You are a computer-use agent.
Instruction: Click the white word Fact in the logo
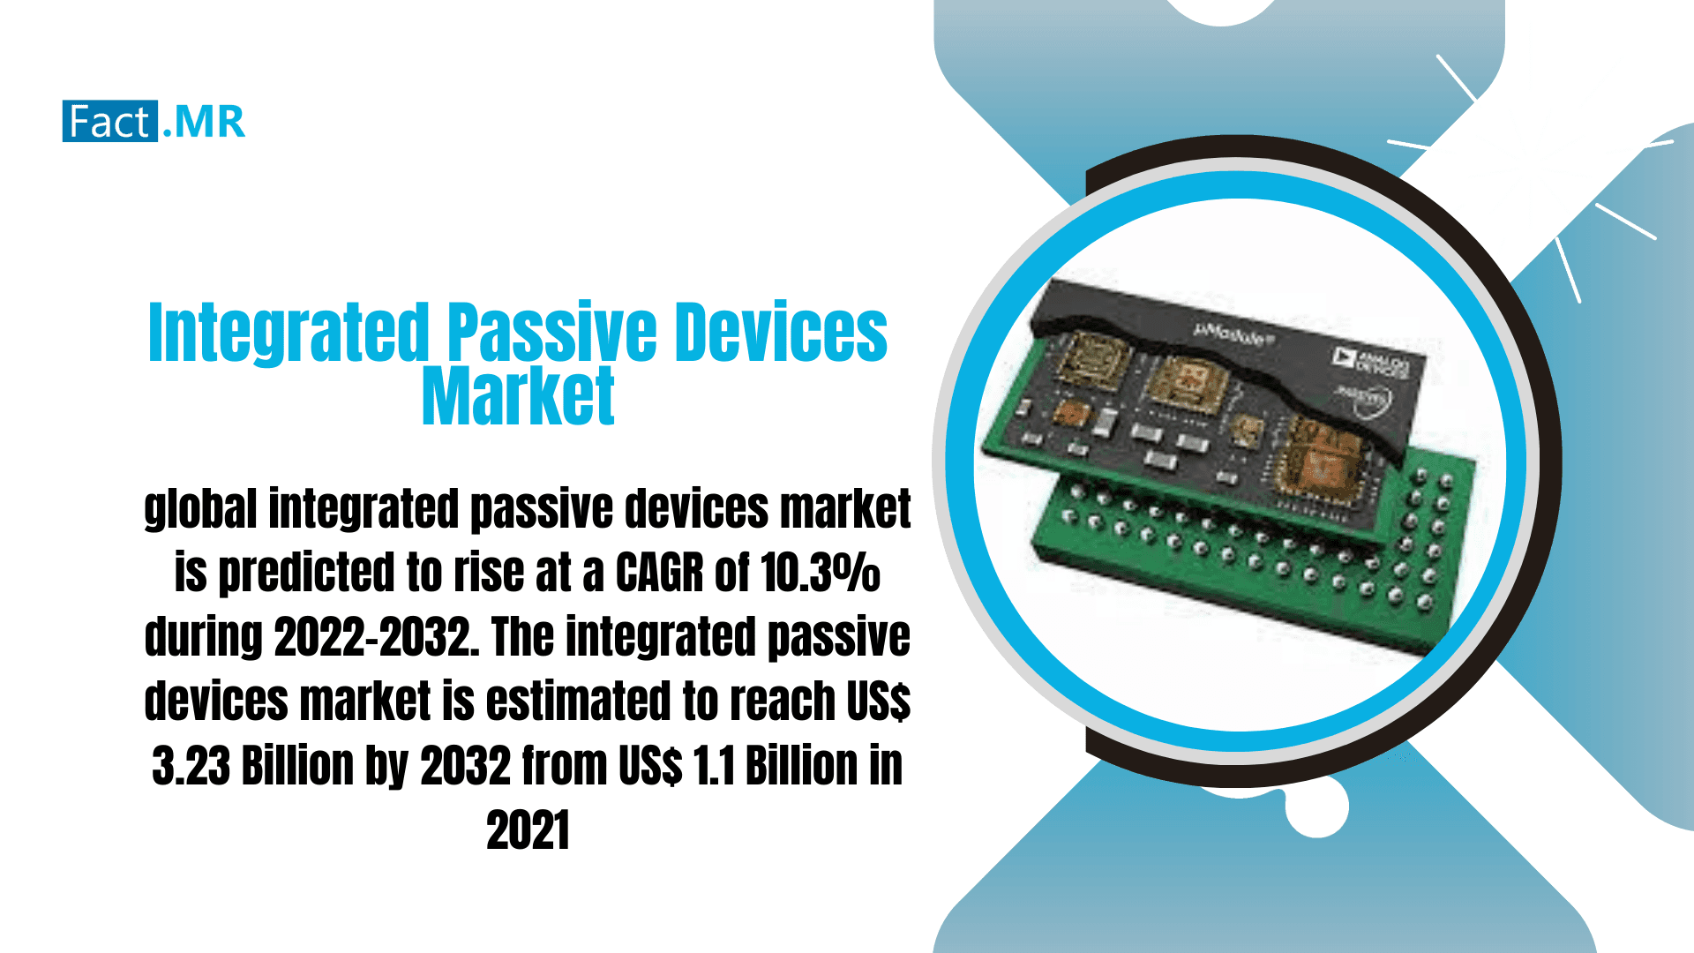tap(109, 122)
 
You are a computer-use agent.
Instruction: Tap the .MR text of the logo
tap(204, 122)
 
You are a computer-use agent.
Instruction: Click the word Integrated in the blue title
tap(289, 333)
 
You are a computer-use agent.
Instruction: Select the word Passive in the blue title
tap(551, 333)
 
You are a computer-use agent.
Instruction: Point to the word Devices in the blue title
tap(781, 333)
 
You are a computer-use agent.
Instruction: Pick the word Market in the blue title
tap(518, 397)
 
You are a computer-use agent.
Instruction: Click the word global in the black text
tap(200, 510)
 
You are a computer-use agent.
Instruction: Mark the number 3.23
tap(191, 766)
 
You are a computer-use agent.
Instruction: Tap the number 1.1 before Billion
tap(714, 766)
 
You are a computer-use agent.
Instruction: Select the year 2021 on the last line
tap(528, 830)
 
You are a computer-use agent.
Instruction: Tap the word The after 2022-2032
tap(522, 637)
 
